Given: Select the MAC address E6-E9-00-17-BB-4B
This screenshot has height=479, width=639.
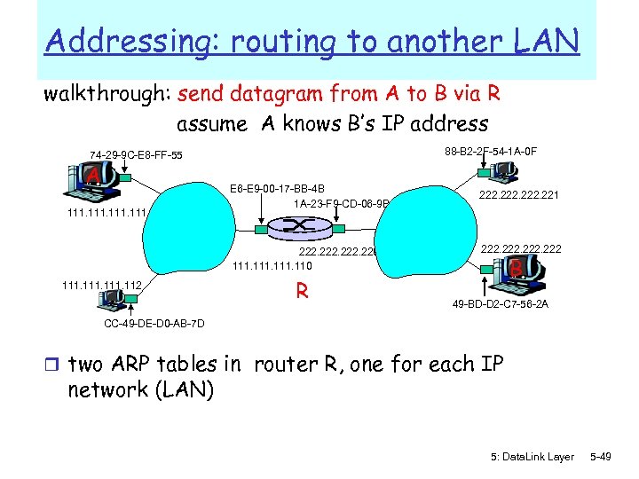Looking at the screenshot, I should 277,189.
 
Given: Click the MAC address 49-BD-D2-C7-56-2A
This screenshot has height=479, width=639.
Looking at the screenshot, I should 500,303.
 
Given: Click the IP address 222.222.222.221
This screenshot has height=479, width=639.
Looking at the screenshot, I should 519,196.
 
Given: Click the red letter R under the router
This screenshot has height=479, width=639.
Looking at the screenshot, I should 302,290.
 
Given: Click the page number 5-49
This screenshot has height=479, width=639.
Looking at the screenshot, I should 600,456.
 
